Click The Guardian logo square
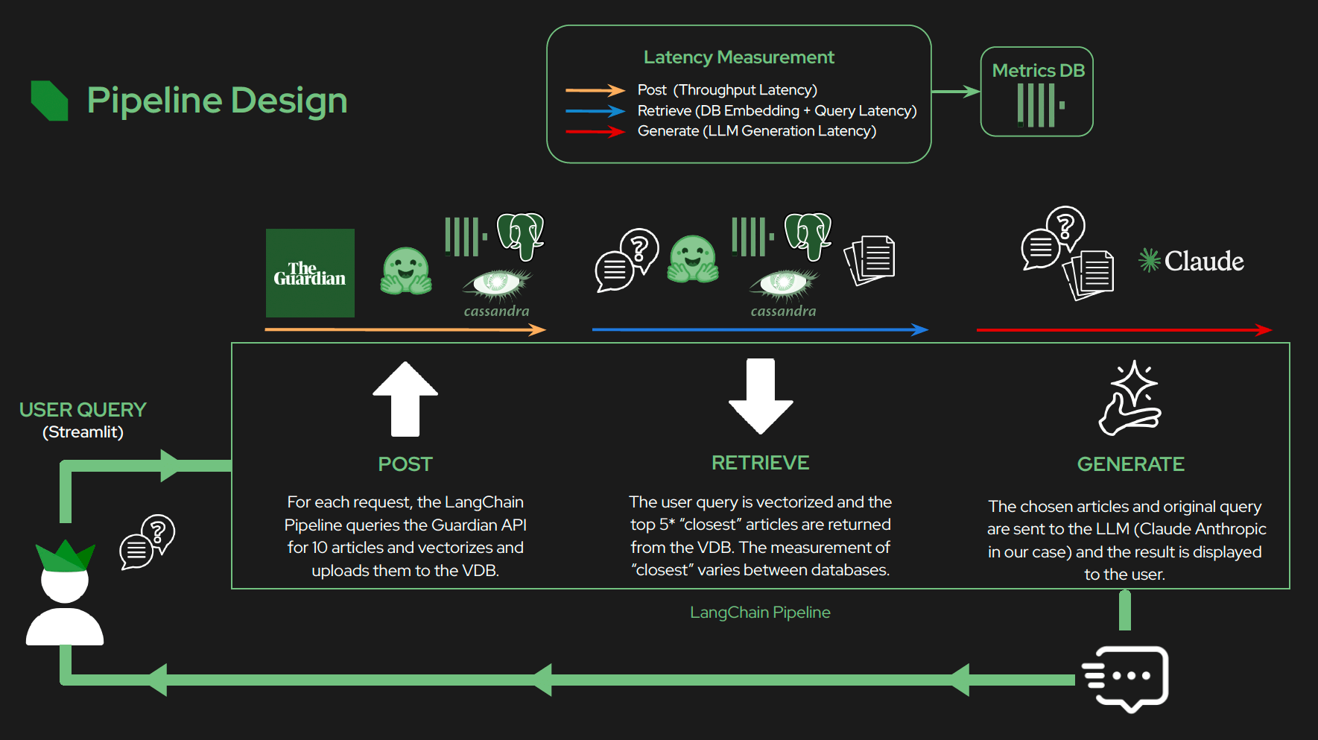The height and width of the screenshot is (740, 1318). tap(310, 273)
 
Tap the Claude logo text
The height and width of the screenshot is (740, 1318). tap(1192, 261)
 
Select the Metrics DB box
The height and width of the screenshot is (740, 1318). tap(1036, 92)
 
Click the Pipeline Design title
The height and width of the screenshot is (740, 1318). tap(217, 100)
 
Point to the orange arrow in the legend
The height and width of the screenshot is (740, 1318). tap(595, 90)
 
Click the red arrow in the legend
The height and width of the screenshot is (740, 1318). tap(595, 132)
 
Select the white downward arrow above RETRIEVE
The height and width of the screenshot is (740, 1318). tap(761, 396)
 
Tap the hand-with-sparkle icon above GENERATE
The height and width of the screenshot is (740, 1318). tap(1131, 398)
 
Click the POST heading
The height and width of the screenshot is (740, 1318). tap(405, 464)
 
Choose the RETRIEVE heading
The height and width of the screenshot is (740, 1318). tap(760, 463)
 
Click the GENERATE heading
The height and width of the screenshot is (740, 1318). tap(1130, 464)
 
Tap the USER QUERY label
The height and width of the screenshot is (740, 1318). tap(83, 410)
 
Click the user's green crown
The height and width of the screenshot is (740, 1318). tap(65, 556)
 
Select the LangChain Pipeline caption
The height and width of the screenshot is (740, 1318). tap(760, 613)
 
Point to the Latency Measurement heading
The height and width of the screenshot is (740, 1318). tap(738, 57)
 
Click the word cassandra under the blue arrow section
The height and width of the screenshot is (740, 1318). tap(783, 311)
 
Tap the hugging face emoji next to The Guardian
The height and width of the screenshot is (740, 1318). tap(405, 271)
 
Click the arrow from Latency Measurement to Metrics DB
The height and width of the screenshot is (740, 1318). tap(955, 92)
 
